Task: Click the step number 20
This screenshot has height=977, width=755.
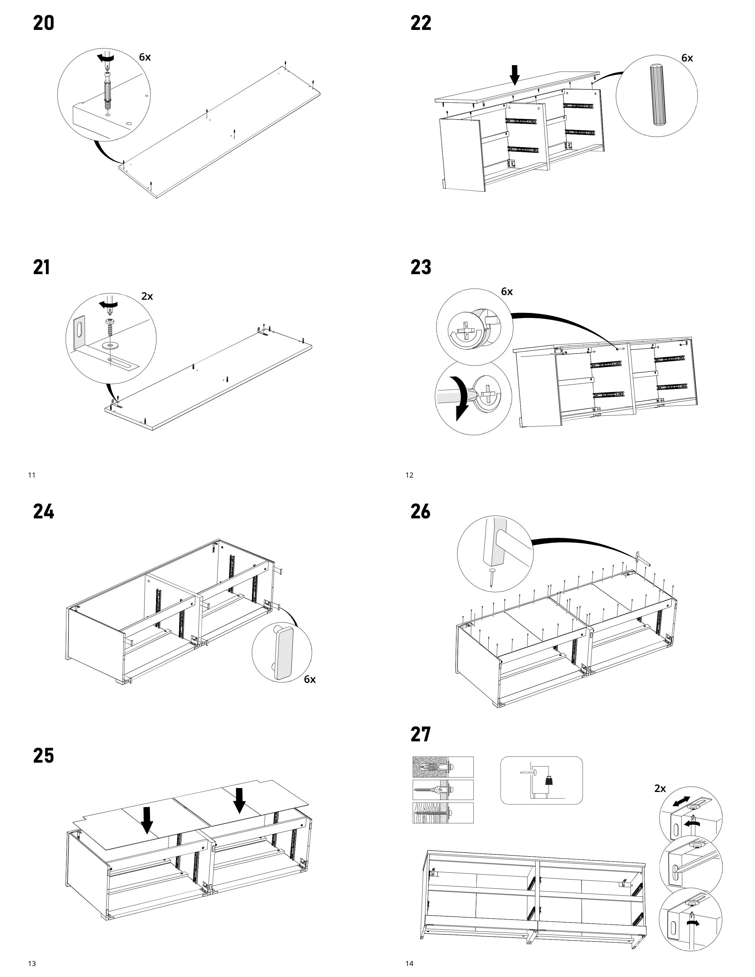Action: coord(44,23)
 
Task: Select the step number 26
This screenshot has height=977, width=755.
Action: coord(420,511)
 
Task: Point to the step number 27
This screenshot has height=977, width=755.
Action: coord(420,734)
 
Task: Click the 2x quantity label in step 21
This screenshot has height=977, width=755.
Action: coord(147,296)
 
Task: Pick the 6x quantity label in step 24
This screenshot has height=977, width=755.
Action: coord(309,679)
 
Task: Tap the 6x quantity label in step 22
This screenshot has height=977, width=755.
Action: coord(687,58)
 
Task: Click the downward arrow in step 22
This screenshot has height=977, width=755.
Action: coord(515,75)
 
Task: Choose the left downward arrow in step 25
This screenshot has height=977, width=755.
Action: coord(147,820)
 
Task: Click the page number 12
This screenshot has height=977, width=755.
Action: coord(409,475)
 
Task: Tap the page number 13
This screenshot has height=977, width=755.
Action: coord(32,963)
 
